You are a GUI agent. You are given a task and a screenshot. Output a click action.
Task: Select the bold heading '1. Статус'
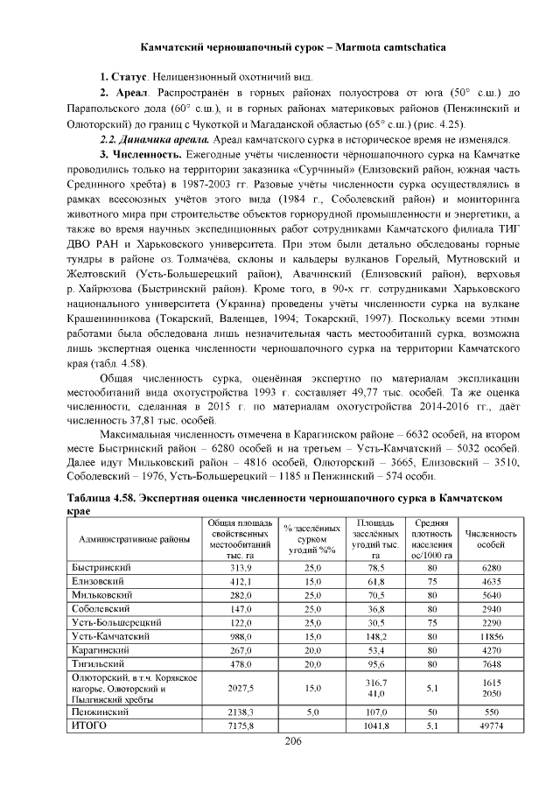point(122,80)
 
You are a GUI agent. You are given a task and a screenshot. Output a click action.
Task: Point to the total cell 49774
point(491,726)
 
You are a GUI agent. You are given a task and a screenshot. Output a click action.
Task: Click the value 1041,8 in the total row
point(376,726)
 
